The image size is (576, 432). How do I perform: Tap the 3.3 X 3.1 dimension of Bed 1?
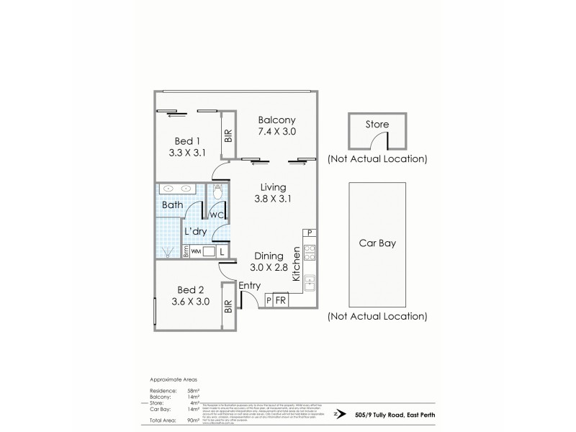[x=187, y=153]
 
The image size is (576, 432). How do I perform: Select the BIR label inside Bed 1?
[x=228, y=135]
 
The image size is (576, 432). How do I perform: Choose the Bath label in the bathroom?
[x=174, y=205]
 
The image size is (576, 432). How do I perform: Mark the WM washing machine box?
[x=194, y=252]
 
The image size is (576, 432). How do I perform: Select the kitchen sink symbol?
[x=311, y=283]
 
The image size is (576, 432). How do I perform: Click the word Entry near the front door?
[x=249, y=286]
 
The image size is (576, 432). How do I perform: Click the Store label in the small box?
[x=377, y=125]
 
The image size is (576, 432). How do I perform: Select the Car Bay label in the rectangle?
[x=377, y=243]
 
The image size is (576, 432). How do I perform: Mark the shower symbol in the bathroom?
[x=169, y=251]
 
